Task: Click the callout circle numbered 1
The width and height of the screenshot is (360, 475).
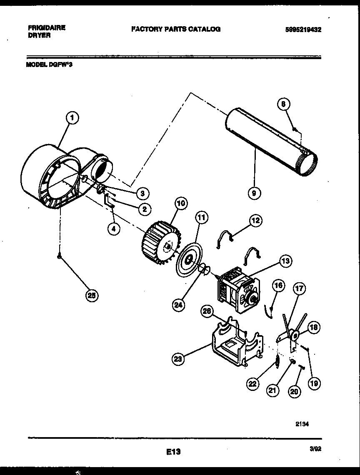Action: [x=72, y=118]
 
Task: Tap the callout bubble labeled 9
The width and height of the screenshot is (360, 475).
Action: [x=254, y=193]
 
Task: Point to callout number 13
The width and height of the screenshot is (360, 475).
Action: [x=285, y=261]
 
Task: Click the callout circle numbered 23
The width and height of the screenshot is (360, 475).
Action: [x=178, y=359]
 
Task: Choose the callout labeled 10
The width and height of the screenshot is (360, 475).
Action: [x=180, y=204]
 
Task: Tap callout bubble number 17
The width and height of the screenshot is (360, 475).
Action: [x=299, y=288]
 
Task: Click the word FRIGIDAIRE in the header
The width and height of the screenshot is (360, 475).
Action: [x=46, y=28]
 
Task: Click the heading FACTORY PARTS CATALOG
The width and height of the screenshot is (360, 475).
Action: [x=176, y=29]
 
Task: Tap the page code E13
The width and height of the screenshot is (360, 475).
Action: [x=172, y=451]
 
